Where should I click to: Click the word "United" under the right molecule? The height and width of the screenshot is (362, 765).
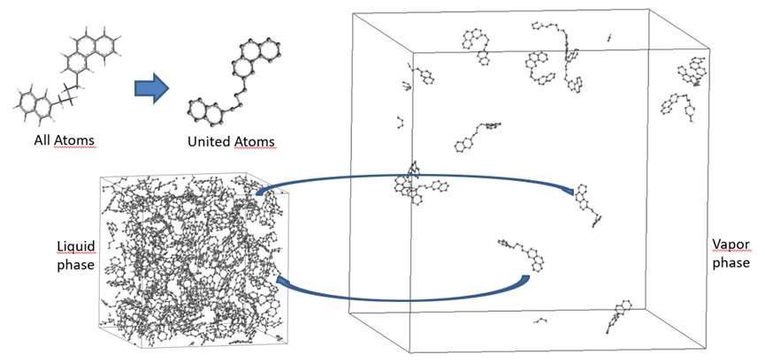tap(205, 142)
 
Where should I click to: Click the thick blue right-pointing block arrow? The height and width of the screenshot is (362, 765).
tap(152, 88)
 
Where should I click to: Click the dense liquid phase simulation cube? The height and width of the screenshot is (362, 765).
tap(195, 260)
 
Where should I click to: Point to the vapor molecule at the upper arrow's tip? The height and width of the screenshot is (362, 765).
tap(588, 205)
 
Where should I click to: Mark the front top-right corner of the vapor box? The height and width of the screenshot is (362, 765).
tap(708, 49)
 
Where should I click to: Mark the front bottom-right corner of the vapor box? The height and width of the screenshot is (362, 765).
tap(706, 349)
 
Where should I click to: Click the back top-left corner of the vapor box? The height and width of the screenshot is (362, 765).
tap(352, 13)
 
